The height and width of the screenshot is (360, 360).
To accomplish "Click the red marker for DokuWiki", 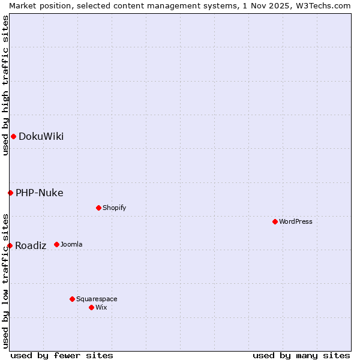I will click(x=13, y=136).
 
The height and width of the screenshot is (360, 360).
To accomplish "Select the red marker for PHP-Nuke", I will click(x=10, y=193).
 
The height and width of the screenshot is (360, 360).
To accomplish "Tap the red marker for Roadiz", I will click(x=10, y=245).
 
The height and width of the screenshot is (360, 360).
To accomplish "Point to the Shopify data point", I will click(x=98, y=208).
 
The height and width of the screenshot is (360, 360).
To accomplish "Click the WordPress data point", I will click(x=275, y=221).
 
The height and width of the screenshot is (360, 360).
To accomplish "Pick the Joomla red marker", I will click(x=56, y=244).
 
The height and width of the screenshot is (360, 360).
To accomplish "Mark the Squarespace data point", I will click(x=72, y=299).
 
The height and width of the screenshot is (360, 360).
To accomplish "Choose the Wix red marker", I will click(x=91, y=307).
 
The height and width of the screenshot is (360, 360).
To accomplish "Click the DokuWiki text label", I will click(x=41, y=136).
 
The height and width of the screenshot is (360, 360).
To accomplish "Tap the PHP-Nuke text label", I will click(x=39, y=193).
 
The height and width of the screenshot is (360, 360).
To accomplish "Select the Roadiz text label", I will click(x=31, y=245).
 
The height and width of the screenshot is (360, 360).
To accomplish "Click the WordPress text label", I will click(x=296, y=221).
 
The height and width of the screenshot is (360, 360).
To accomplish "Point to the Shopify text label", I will click(x=114, y=208).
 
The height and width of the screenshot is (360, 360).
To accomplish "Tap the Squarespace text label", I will click(x=97, y=299).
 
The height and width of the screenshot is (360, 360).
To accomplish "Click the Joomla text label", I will click(x=71, y=244).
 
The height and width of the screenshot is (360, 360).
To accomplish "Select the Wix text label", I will click(x=101, y=307).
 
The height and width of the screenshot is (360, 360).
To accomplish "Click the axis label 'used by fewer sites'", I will click(x=62, y=355).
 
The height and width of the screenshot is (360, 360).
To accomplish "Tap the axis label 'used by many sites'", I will click(x=301, y=355).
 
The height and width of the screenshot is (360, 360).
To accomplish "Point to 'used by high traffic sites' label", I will click(x=5, y=85).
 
